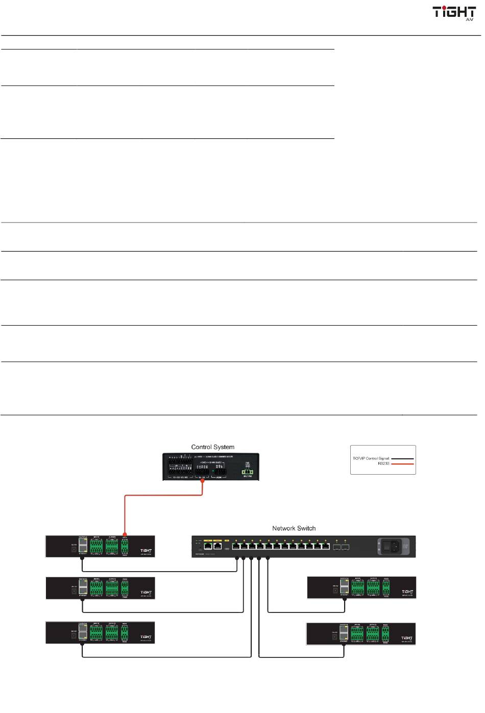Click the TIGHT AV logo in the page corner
tap(454, 13)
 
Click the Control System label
tap(213, 447)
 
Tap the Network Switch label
tap(294, 528)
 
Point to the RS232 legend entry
tap(383, 464)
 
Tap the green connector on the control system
tap(247, 472)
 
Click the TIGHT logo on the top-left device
tap(146, 550)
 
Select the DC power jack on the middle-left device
tap(75, 589)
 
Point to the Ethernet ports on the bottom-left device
tap(83, 633)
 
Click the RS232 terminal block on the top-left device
tap(125, 546)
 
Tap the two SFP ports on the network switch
tap(341, 547)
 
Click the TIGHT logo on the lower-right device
tap(407, 638)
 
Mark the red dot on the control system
tap(203, 480)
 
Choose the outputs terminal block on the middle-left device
tap(112, 588)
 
